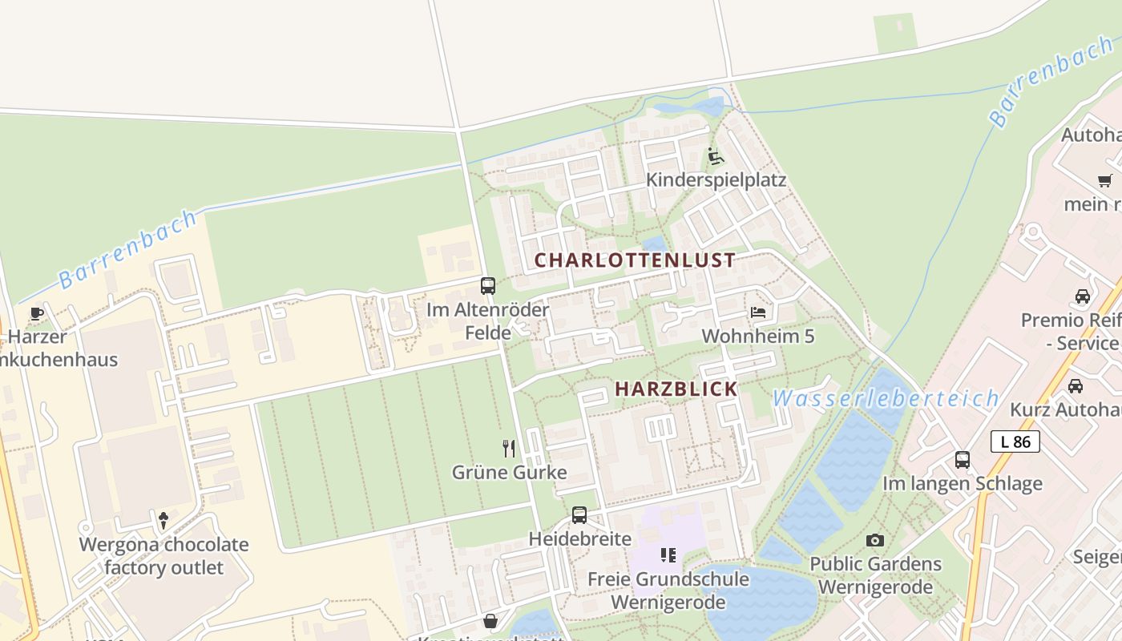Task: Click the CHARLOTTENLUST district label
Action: click(635, 260)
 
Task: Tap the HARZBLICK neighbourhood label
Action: click(676, 389)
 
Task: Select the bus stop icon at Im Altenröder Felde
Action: click(487, 285)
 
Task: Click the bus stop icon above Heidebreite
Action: click(579, 515)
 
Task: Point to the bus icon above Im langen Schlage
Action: click(963, 460)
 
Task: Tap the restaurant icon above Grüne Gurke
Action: click(509, 448)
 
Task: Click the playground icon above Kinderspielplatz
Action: click(716, 155)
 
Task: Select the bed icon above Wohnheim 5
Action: click(757, 312)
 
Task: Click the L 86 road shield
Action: click(1015, 441)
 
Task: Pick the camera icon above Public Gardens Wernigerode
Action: click(875, 540)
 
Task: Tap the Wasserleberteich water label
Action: click(886, 398)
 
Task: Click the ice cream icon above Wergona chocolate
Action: click(164, 520)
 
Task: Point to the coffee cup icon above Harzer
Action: click(36, 313)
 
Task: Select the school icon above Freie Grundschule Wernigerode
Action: click(668, 554)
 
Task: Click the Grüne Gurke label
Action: click(509, 472)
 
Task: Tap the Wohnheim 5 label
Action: click(757, 336)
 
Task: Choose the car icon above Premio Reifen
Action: click(1083, 296)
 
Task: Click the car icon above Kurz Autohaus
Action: click(1076, 385)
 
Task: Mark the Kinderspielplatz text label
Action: click(716, 179)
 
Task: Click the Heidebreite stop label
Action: click(579, 538)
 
